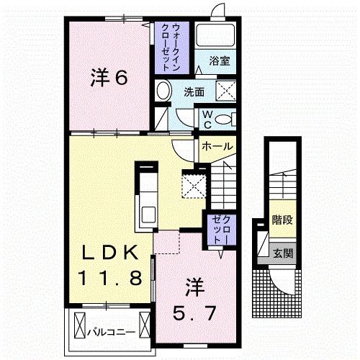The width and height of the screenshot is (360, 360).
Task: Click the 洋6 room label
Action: click(109, 77)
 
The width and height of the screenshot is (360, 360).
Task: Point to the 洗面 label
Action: click(193, 92)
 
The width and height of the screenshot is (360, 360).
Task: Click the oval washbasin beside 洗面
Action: click(163, 91)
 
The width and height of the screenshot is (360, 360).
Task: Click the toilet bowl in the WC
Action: click(224, 119)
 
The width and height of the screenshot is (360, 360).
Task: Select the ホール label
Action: click(216, 146)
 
